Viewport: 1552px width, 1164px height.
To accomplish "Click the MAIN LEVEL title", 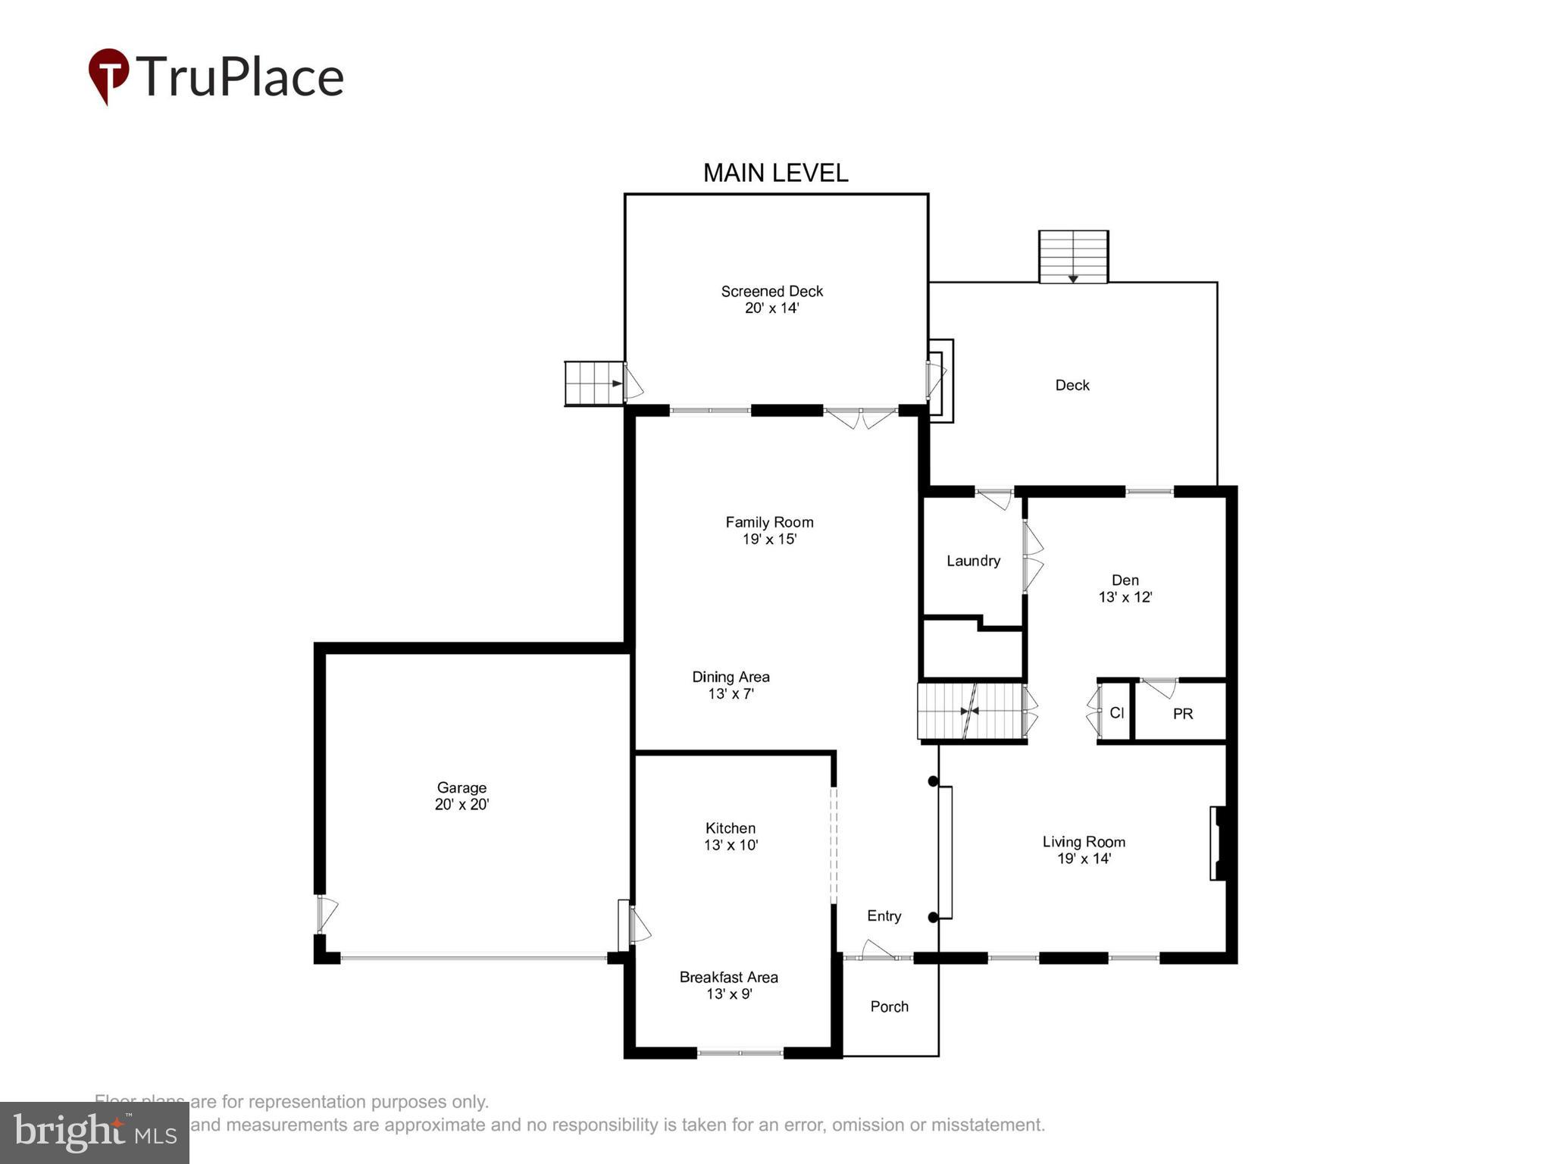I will (775, 174).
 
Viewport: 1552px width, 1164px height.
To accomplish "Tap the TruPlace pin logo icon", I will (108, 75).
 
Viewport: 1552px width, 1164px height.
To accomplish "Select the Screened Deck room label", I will (771, 291).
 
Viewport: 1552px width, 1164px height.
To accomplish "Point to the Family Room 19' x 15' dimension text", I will (769, 540).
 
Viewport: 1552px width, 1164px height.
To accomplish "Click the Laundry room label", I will (973, 561).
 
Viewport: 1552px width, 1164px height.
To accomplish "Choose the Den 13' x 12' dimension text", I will (1125, 597).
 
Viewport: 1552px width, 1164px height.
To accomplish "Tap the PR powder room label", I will (1182, 713).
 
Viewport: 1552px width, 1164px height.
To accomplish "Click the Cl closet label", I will (1116, 712).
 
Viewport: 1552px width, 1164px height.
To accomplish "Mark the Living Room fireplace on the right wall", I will (1218, 843).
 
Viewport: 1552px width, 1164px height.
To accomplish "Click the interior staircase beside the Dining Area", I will (970, 711).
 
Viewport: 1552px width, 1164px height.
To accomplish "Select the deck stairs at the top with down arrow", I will (1073, 257).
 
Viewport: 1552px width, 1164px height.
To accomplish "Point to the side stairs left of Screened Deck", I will (594, 383).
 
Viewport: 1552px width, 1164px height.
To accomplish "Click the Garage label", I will (462, 787).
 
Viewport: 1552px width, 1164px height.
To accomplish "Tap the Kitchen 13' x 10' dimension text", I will (731, 845).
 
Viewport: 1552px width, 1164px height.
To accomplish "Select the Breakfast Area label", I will (728, 977).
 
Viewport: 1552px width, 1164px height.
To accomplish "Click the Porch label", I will (889, 1006).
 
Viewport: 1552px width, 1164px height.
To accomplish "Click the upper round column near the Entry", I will (934, 781).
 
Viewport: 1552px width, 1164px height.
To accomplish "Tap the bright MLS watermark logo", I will (95, 1132).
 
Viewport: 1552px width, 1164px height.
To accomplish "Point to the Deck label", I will (1072, 385).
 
